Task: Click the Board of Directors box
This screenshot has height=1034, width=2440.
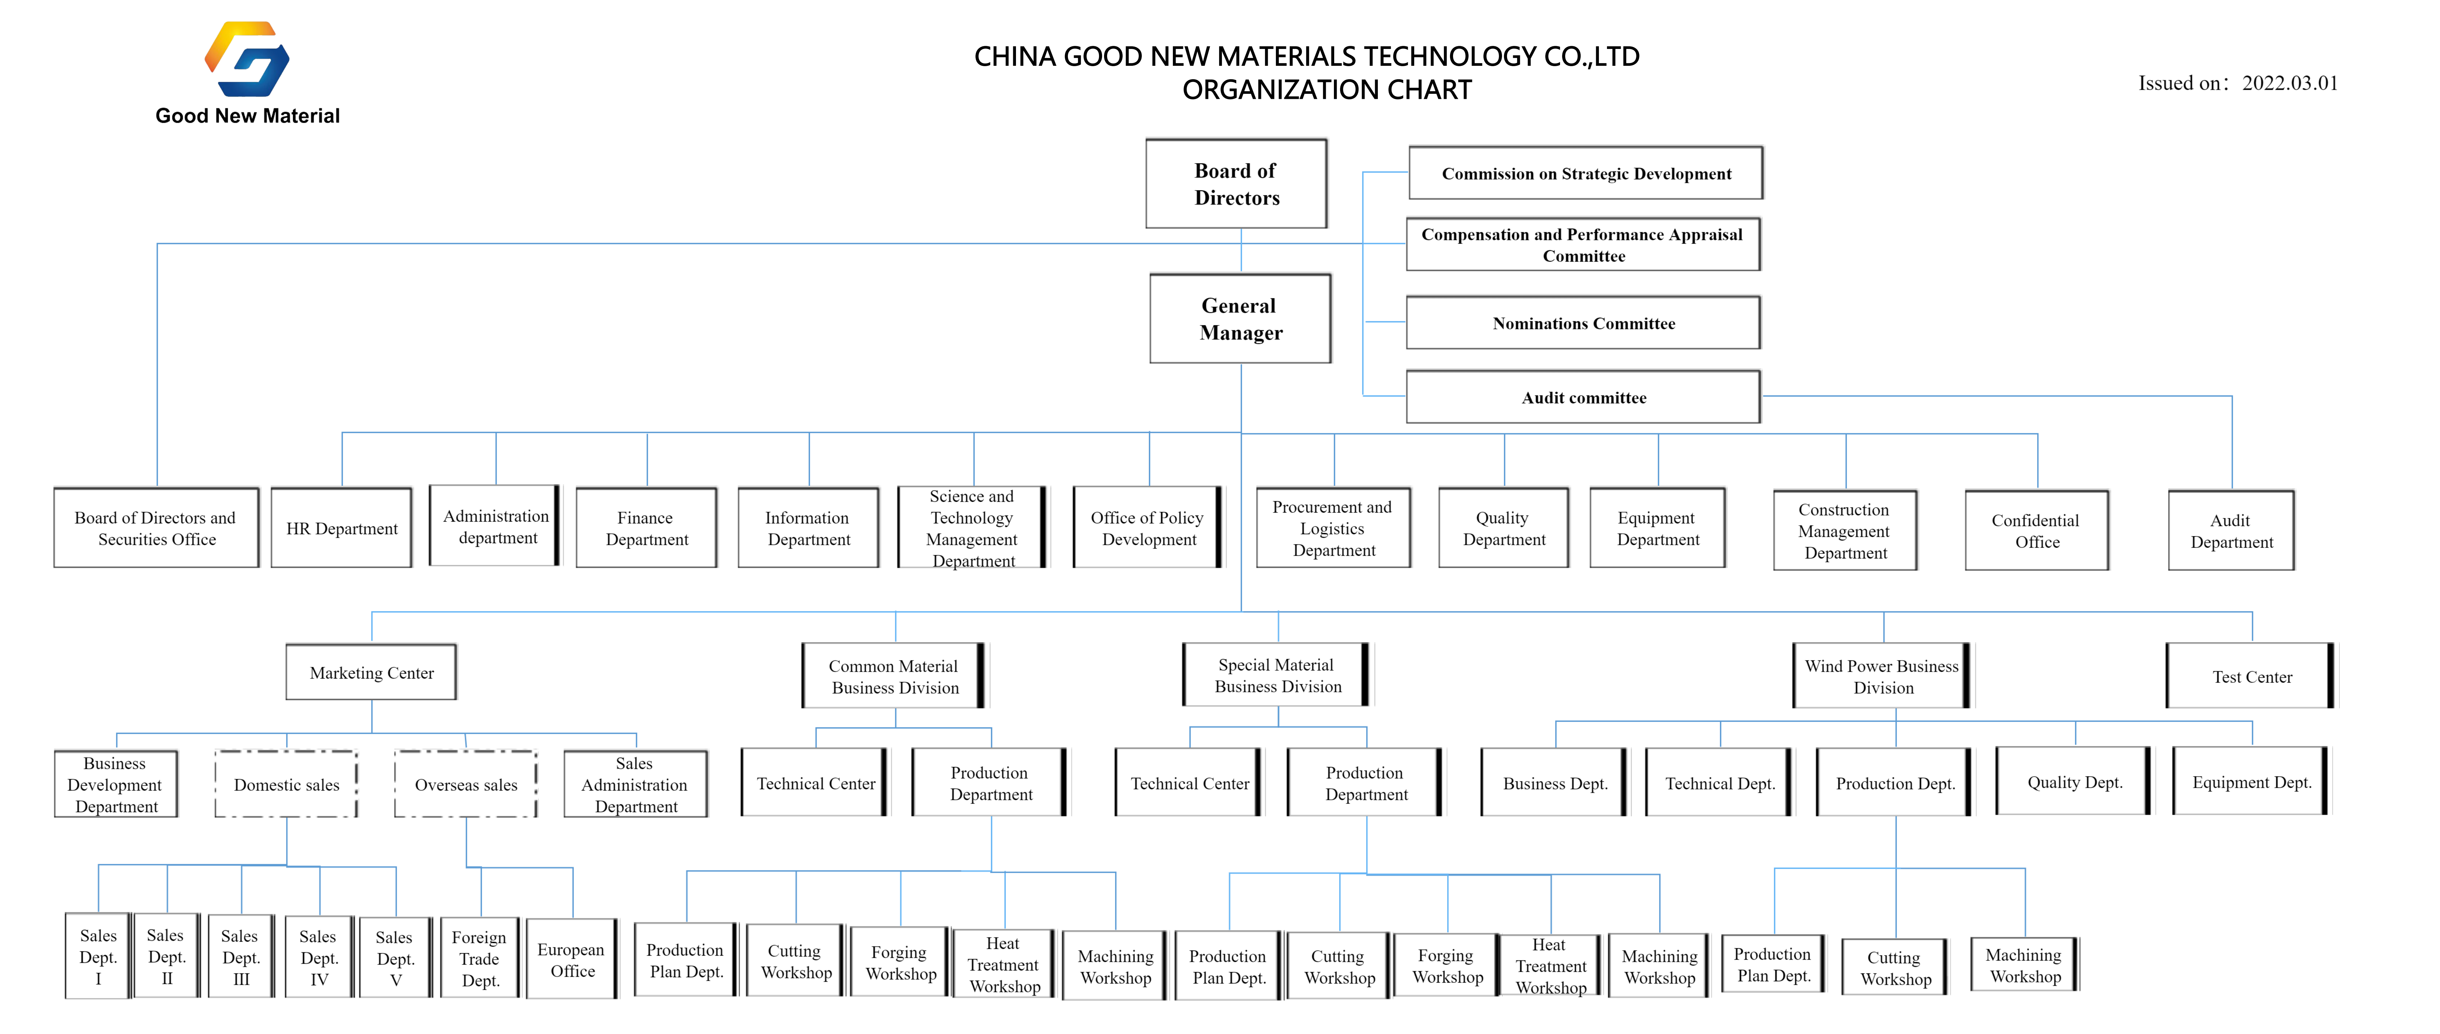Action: [x=1236, y=184]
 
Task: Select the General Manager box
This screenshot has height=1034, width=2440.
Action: [x=1240, y=319]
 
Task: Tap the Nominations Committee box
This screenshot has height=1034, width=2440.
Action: [x=1583, y=323]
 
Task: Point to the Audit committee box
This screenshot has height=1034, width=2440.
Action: [x=1583, y=398]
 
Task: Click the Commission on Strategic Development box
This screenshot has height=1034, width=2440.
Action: [x=1586, y=173]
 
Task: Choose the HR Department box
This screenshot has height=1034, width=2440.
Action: [x=342, y=528]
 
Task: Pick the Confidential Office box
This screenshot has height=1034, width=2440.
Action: [x=2037, y=530]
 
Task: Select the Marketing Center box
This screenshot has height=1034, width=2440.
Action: [x=371, y=672]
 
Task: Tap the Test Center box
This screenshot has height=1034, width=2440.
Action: [x=2252, y=676]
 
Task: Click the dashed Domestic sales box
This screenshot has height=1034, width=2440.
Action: [x=286, y=784]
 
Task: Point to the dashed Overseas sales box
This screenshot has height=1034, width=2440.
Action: [x=466, y=784]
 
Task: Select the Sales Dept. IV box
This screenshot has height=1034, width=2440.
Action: [x=319, y=957]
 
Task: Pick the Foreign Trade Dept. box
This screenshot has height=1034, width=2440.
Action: [x=479, y=958]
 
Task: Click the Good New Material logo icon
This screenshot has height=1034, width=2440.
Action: [x=247, y=59]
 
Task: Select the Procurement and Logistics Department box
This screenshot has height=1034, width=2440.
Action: [x=1333, y=528]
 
